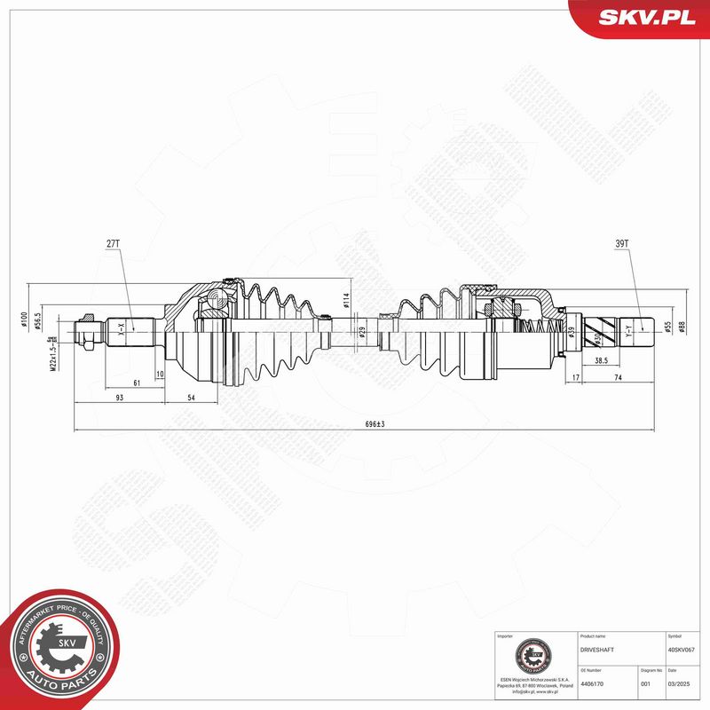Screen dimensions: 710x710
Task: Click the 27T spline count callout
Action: click(113, 241)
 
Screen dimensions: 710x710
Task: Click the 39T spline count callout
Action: click(621, 241)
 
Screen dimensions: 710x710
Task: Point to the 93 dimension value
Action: click(119, 398)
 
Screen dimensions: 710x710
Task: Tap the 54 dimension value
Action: click(192, 398)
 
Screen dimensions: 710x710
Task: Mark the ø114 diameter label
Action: click(347, 301)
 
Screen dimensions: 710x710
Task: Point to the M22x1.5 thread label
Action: click(52, 351)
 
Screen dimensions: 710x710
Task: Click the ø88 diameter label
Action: click(682, 327)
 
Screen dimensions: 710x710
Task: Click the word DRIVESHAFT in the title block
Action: click(596, 651)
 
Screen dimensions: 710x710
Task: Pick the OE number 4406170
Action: click(592, 684)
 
